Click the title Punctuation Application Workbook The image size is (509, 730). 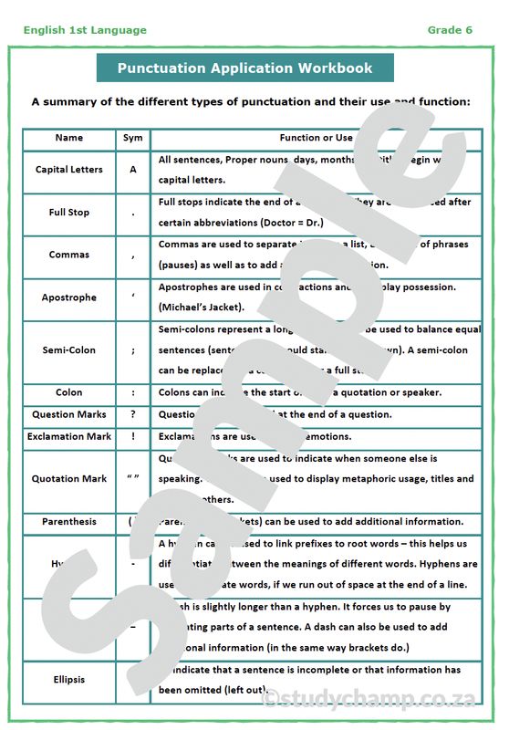244,68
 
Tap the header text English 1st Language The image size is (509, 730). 85,30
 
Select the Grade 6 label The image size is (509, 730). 450,30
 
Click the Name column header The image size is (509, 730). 69,138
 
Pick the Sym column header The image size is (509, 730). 133,138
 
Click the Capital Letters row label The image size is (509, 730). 69,170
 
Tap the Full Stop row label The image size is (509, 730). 69,213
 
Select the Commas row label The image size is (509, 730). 69,255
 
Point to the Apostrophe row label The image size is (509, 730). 69,297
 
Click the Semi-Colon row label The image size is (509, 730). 69,350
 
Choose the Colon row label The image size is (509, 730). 69,393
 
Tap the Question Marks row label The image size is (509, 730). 69,415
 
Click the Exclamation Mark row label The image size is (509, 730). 69,437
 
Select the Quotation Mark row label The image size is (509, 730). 69,479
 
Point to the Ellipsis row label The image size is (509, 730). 69,679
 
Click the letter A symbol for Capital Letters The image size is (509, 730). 133,170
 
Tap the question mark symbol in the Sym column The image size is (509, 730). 133,415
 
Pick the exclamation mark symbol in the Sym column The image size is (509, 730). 133,437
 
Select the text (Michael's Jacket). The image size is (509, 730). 198,308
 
